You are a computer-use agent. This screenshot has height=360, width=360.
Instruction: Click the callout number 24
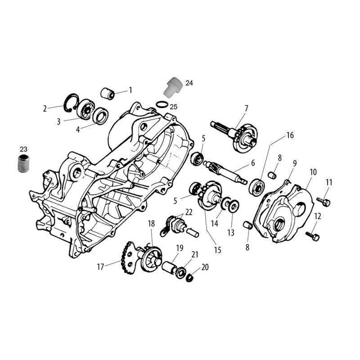[189, 83]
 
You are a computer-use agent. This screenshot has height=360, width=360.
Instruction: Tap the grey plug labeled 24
[173, 87]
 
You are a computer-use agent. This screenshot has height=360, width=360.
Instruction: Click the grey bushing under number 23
[24, 163]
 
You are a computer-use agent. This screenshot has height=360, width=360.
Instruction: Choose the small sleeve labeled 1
[108, 94]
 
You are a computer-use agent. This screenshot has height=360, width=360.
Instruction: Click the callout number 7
[246, 108]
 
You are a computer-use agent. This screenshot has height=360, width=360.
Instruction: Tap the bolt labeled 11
[324, 202]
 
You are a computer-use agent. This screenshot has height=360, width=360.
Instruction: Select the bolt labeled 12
[312, 236]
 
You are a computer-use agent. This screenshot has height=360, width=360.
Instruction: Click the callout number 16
[290, 135]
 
